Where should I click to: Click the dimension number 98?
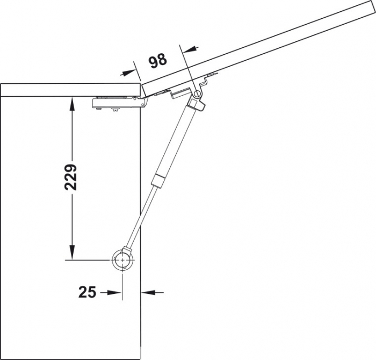click(157, 61)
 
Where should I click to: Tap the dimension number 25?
click(87, 292)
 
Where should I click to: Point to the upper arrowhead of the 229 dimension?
click(70, 103)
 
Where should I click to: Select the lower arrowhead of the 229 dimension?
click(70, 253)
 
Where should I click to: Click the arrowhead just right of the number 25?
click(113, 292)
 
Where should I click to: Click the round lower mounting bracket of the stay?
click(123, 261)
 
